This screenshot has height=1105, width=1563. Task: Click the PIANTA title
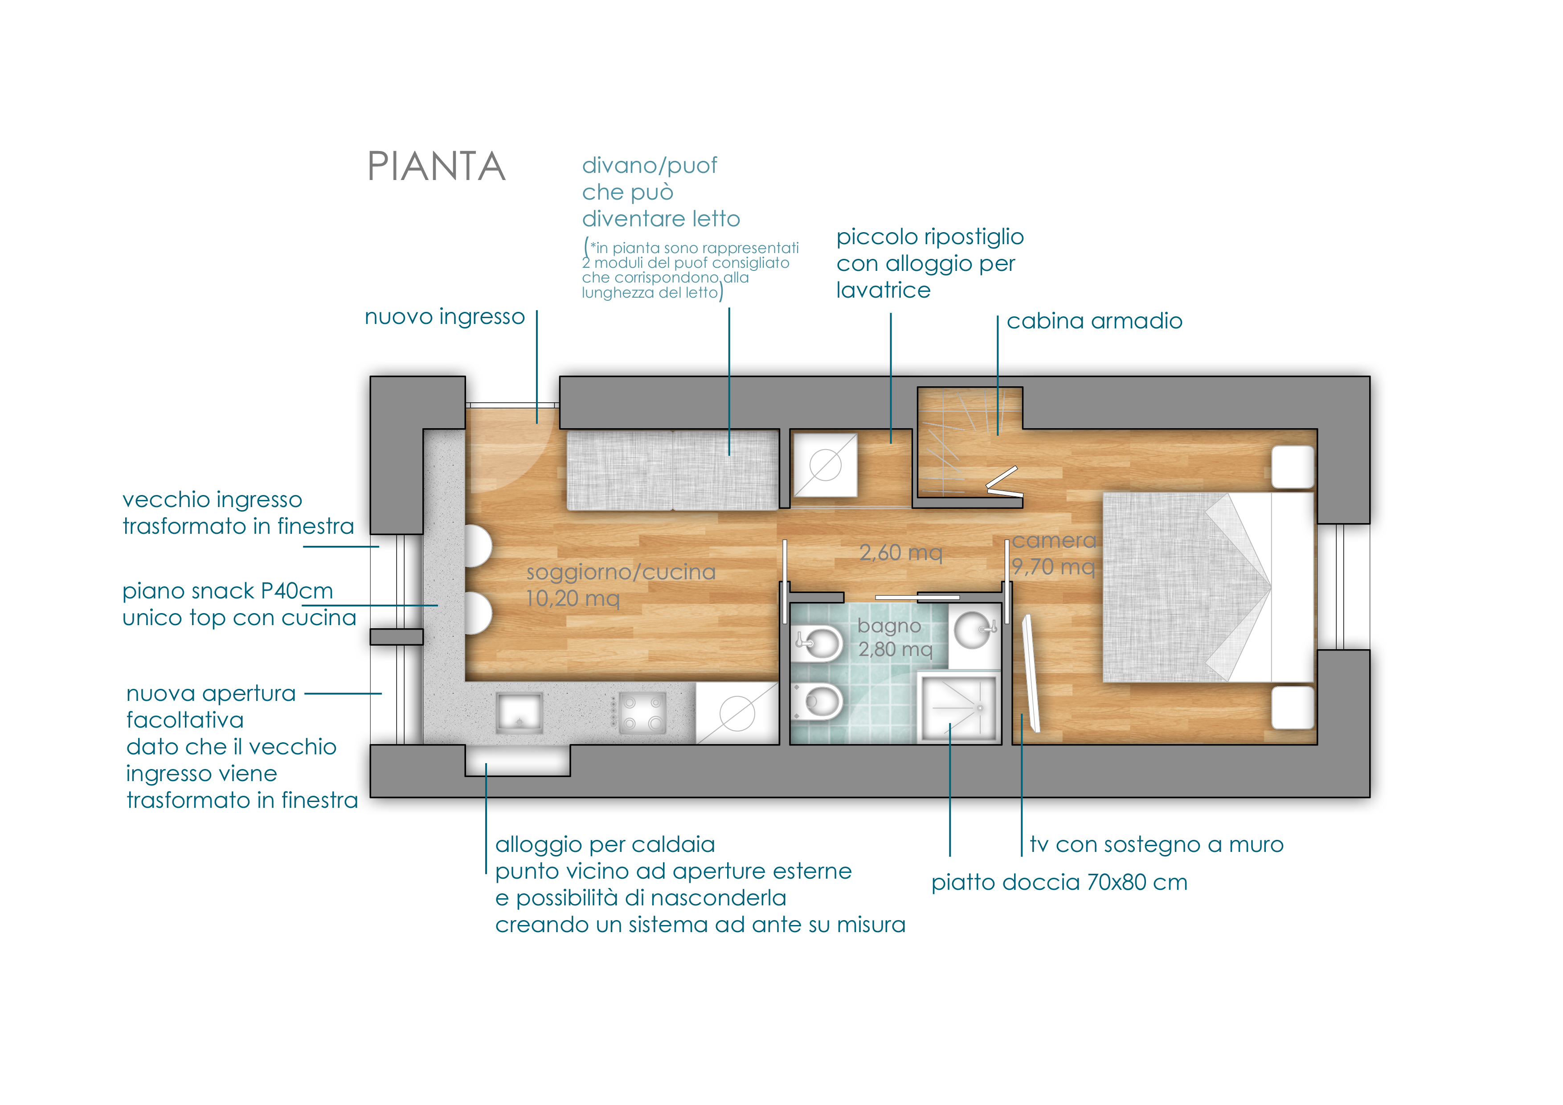pos(436,166)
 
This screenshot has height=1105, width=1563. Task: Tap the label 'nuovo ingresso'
pos(445,317)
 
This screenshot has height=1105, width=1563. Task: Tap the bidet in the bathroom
pos(817,642)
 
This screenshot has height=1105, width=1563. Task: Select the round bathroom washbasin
pos(974,630)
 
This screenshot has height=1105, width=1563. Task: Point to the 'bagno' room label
pos(889,626)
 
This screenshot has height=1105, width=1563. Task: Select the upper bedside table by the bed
pos(1293,467)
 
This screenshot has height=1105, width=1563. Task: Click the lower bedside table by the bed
pos(1293,708)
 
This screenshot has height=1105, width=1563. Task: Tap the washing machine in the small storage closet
pos(825,466)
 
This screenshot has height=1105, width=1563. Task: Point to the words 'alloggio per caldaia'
pos(605,844)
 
